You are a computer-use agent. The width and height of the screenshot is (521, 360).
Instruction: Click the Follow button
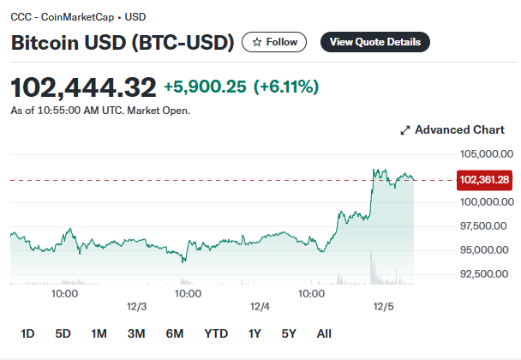(x=274, y=42)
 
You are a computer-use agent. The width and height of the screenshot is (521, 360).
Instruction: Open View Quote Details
(x=375, y=42)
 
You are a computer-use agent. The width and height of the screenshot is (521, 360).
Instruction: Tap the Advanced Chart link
(x=452, y=130)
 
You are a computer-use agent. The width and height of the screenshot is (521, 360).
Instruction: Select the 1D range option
(x=27, y=333)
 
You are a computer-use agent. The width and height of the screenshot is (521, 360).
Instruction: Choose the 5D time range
(x=63, y=333)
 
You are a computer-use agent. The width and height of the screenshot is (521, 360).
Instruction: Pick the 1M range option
(x=99, y=333)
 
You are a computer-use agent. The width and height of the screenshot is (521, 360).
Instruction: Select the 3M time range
(x=136, y=333)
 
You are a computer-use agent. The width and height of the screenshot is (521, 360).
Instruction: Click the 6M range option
(x=175, y=333)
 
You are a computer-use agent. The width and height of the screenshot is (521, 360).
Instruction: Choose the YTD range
(x=216, y=333)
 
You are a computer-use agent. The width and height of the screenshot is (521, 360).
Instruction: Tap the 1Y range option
(x=255, y=333)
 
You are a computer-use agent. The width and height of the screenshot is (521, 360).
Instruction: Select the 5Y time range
(x=289, y=333)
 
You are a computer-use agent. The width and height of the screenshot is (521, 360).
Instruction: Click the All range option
(x=324, y=333)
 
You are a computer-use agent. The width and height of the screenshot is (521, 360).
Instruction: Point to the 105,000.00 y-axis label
(x=487, y=154)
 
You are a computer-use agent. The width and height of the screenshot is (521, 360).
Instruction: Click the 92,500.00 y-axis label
(x=484, y=274)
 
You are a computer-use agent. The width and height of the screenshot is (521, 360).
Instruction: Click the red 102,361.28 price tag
(x=484, y=180)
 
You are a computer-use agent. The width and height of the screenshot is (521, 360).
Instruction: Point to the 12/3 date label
(x=136, y=307)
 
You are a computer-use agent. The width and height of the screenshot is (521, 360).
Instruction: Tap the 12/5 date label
(x=383, y=307)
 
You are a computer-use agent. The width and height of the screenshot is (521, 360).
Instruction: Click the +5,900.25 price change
(x=205, y=87)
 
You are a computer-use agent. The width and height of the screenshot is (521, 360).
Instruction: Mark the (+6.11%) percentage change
(x=286, y=87)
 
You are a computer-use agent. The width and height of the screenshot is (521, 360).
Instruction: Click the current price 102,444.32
(x=83, y=87)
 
